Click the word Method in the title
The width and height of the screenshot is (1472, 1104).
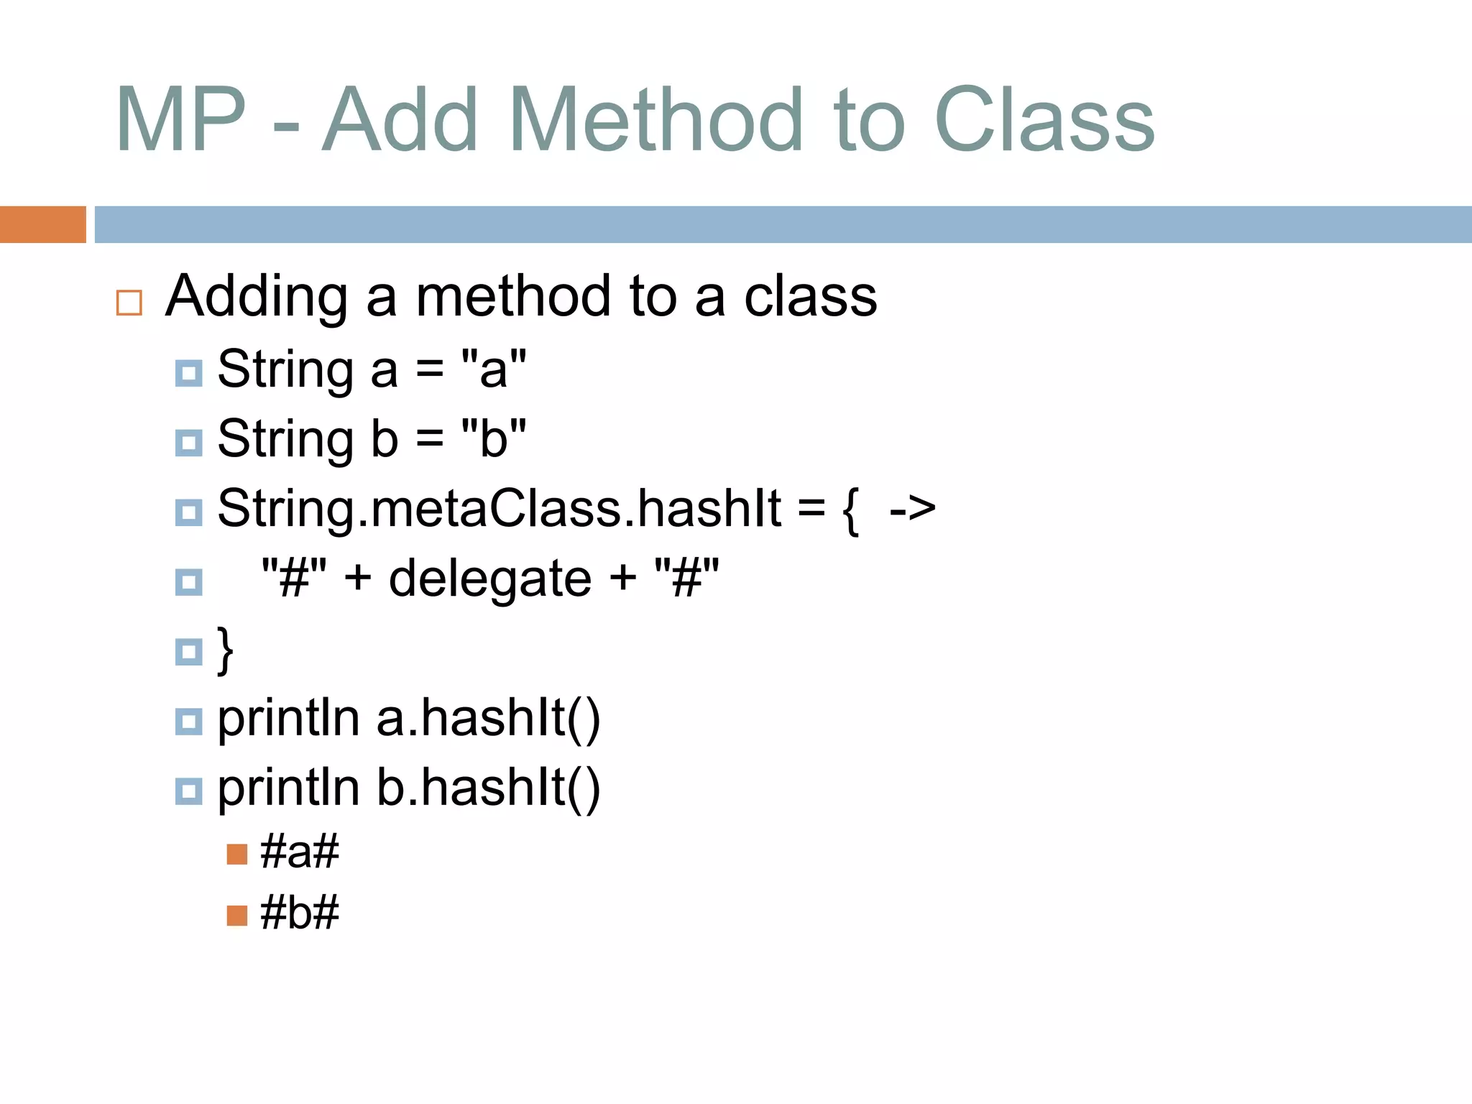[x=655, y=121]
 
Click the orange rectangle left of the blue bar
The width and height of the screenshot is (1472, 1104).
[x=42, y=224]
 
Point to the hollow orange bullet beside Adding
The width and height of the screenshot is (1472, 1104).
[x=129, y=303]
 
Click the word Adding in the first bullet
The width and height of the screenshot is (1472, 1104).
[x=257, y=297]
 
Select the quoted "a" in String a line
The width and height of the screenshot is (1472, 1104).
[x=494, y=369]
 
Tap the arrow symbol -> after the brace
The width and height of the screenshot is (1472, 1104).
[x=912, y=508]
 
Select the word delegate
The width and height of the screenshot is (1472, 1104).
[x=490, y=579]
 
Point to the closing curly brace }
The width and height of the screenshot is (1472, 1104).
[x=226, y=650]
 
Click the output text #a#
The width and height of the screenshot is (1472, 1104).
[x=299, y=852]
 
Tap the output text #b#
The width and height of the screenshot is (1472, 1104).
[x=299, y=913]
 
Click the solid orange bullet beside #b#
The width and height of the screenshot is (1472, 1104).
[x=236, y=915]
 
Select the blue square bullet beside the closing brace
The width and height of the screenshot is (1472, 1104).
[x=189, y=651]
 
